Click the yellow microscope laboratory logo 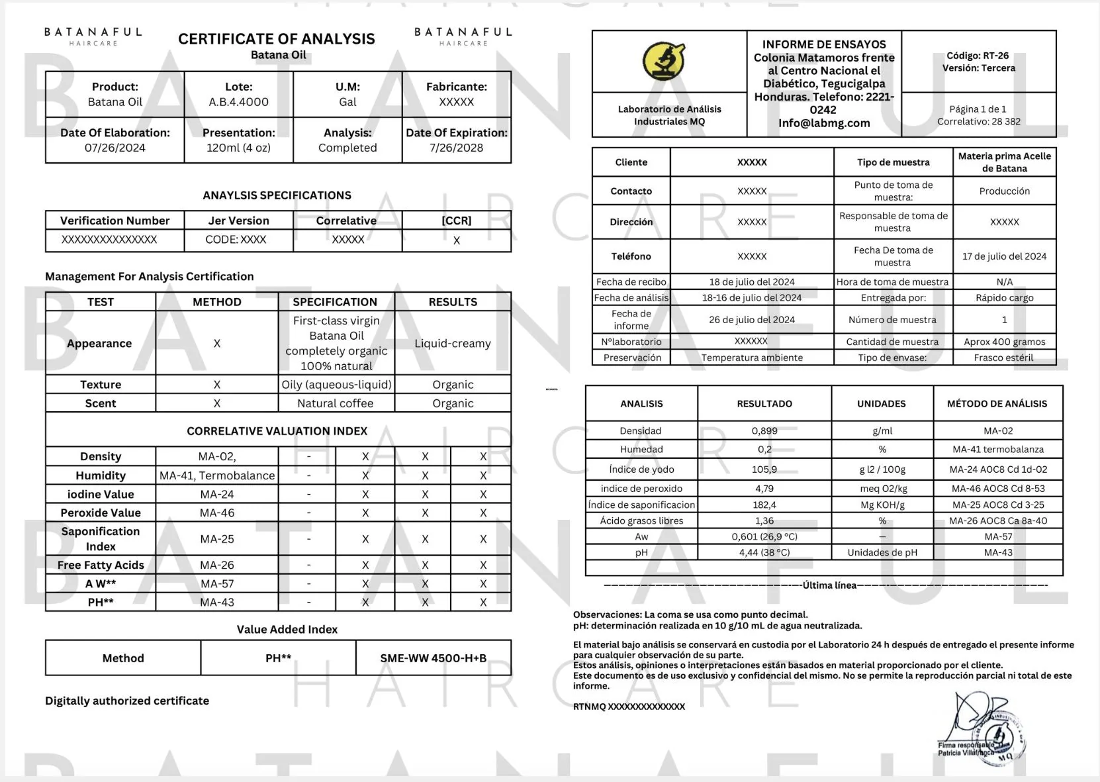pyautogui.click(x=664, y=61)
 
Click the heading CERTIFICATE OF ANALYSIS pyautogui.click(x=277, y=39)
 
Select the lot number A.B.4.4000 pyautogui.click(x=238, y=102)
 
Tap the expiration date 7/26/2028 pyautogui.click(x=456, y=148)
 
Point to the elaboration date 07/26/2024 pyautogui.click(x=115, y=148)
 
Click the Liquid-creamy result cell pyautogui.click(x=453, y=343)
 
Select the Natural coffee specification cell pyautogui.click(x=336, y=403)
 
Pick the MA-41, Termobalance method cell pyautogui.click(x=217, y=475)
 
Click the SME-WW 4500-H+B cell pyautogui.click(x=434, y=658)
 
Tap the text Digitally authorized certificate pyautogui.click(x=127, y=701)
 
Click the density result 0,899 pyautogui.click(x=764, y=430)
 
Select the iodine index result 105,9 pyautogui.click(x=764, y=469)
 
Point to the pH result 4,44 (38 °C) pyautogui.click(x=764, y=552)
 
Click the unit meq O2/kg pyautogui.click(x=882, y=489)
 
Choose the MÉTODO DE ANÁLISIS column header pyautogui.click(x=997, y=403)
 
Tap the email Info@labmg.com pyautogui.click(x=824, y=122)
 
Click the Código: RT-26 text pyautogui.click(x=978, y=56)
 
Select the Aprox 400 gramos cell pyautogui.click(x=1004, y=342)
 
